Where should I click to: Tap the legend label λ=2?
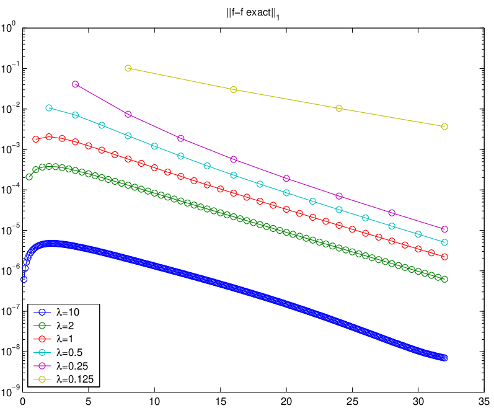(x=65, y=326)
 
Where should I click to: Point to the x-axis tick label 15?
(x=221, y=401)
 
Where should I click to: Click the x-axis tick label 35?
(x=484, y=401)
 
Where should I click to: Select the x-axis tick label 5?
(x=89, y=401)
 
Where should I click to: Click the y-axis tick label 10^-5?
(x=11, y=229)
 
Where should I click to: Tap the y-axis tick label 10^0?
(x=8, y=27)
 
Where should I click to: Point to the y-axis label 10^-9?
(x=11, y=391)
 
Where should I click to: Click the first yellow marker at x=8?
(x=128, y=68)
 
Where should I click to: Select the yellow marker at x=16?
(x=234, y=89)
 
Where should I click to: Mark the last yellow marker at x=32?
(x=444, y=126)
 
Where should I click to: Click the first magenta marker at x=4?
(x=75, y=84)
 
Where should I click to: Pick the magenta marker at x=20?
(x=286, y=179)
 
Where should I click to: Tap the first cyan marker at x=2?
(x=49, y=108)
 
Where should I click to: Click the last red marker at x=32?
(x=444, y=257)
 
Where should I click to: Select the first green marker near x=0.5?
(x=29, y=177)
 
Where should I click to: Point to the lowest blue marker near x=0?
(x=24, y=280)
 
